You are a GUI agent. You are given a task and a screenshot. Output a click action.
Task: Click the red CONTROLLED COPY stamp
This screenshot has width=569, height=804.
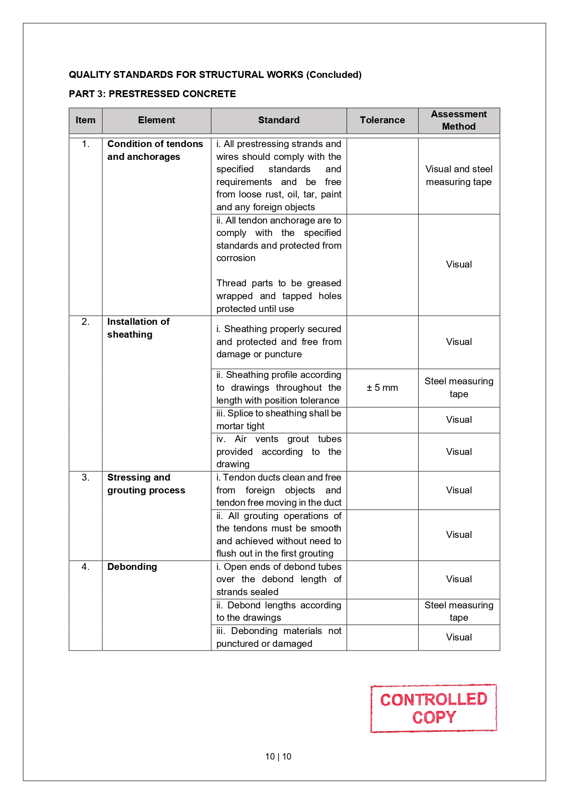[433, 708]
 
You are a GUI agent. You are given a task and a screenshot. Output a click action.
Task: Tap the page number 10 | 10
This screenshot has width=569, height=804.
[278, 756]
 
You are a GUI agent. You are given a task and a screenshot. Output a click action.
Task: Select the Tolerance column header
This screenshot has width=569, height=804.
[382, 120]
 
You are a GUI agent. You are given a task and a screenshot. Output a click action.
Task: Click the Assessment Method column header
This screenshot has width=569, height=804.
[459, 120]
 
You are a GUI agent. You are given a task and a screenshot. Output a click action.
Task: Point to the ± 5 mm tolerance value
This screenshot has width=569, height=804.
[382, 388]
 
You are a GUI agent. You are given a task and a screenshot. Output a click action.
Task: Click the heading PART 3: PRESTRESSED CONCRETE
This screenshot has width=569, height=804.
[152, 94]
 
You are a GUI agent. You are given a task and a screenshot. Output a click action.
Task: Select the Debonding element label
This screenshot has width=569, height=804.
[132, 567]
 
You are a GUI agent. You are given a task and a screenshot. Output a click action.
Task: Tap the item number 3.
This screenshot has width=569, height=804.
[85, 477]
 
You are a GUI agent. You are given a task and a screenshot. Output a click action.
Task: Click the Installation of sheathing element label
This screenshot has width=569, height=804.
[138, 328]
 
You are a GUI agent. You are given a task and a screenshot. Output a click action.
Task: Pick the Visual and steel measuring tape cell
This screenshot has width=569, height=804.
[459, 175]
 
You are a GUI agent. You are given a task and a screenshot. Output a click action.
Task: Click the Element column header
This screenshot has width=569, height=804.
[156, 120]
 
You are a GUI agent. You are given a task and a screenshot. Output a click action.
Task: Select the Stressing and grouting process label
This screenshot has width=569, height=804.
[146, 484]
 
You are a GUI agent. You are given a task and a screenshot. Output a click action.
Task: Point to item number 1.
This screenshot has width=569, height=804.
[85, 144]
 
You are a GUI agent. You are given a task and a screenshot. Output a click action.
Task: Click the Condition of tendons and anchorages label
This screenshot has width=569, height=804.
[155, 150]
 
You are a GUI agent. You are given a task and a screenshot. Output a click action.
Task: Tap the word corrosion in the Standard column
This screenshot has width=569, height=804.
[236, 258]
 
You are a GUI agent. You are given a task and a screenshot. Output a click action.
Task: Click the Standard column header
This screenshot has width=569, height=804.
[278, 120]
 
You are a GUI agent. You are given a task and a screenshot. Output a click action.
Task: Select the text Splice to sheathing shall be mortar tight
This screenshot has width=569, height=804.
[279, 420]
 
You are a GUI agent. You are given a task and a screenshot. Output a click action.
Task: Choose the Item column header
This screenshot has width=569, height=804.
[85, 120]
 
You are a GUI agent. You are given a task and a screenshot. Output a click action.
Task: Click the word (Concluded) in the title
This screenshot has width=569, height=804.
[334, 75]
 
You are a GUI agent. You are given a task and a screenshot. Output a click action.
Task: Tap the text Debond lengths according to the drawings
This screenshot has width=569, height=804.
[279, 611]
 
